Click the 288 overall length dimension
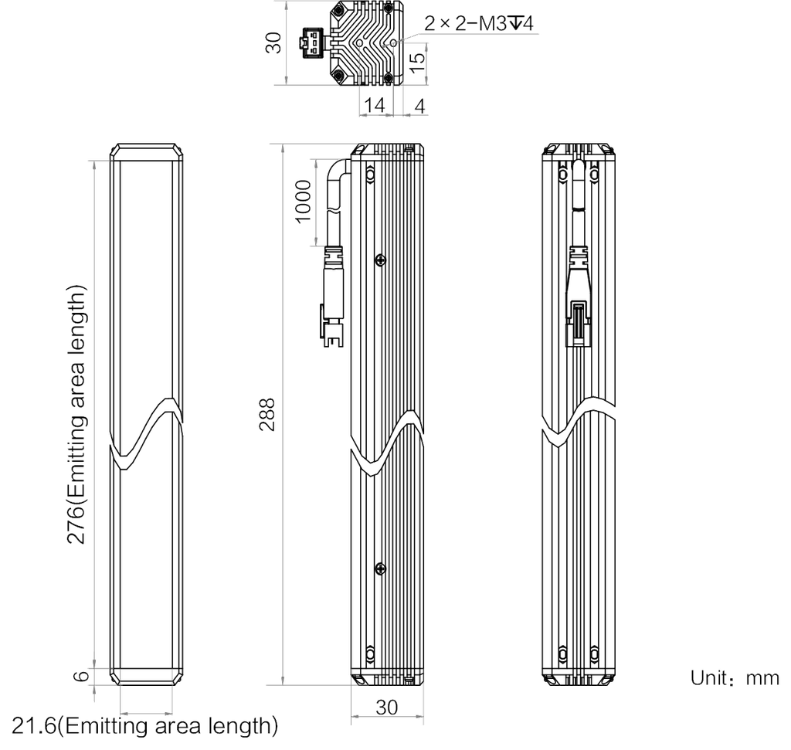pos(267,414)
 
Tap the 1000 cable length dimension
pos(303,202)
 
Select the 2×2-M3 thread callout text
pos(478,23)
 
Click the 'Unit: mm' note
pos(735,678)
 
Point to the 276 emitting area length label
pos(76,415)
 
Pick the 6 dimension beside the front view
pos(81,676)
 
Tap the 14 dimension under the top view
pos(375,105)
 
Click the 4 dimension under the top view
pos(419,106)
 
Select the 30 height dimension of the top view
pos(273,42)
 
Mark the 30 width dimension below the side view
pos(387,707)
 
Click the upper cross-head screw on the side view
pos(381,260)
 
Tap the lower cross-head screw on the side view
pos(381,569)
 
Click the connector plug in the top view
pos(313,43)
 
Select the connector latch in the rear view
pos(578,324)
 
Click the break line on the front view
pos(146,434)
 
